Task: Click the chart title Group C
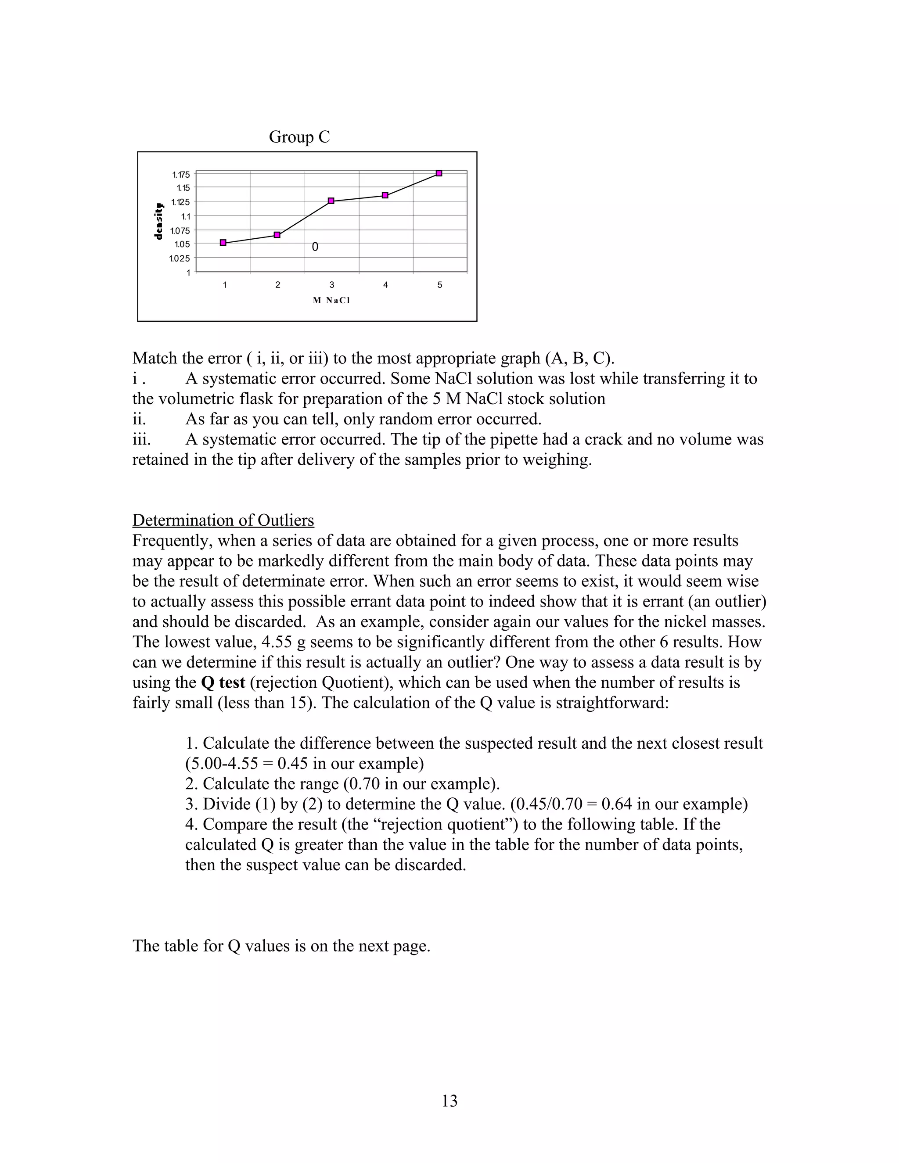[299, 137]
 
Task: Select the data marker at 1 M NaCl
[223, 243]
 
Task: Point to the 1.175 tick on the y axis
[180, 175]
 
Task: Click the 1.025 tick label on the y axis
[179, 259]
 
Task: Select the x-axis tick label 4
[385, 285]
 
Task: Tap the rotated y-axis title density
[159, 222]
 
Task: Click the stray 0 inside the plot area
[315, 247]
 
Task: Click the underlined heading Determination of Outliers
[223, 520]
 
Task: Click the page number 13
[449, 1101]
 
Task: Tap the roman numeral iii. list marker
[141, 439]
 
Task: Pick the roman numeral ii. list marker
[139, 419]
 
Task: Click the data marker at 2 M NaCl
[277, 235]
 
